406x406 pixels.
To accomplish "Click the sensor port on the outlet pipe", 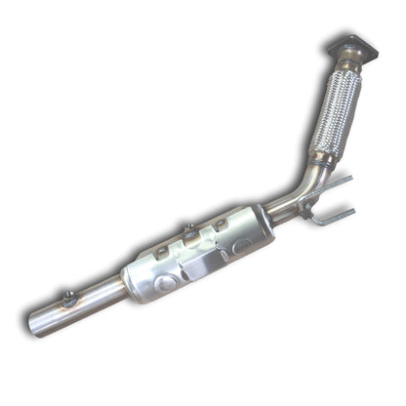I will point(68,298).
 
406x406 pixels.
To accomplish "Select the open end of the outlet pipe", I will point(35,322).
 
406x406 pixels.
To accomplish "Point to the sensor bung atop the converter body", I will point(188,232).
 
